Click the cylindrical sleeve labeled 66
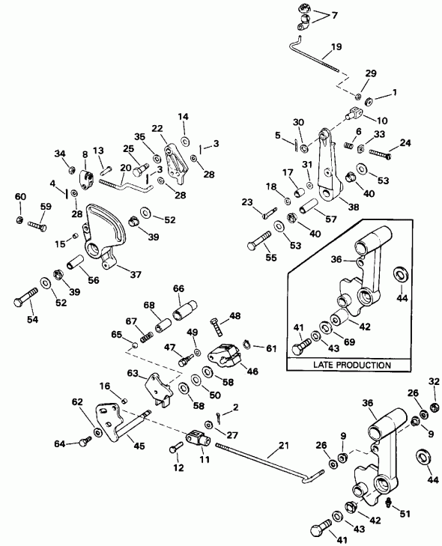(184, 306)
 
